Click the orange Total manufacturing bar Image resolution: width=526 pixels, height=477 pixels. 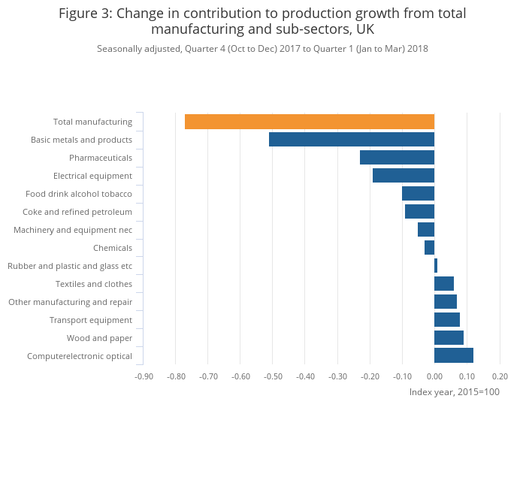click(x=310, y=122)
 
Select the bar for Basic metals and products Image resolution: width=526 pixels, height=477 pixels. click(x=352, y=140)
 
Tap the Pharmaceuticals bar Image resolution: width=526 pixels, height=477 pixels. click(x=397, y=158)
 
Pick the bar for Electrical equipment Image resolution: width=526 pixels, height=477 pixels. click(x=404, y=176)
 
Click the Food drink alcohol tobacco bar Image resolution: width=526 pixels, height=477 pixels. click(x=418, y=194)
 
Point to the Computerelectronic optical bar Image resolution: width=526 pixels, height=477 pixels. click(x=454, y=356)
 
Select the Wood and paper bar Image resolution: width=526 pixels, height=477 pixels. click(x=449, y=338)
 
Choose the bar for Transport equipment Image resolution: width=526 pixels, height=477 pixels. click(x=447, y=320)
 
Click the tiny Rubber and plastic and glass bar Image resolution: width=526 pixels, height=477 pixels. click(x=436, y=266)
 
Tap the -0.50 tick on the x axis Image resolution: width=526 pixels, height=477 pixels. click(x=273, y=376)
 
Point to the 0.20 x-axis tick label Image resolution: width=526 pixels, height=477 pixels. click(x=500, y=376)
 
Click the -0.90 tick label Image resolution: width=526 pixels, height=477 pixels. click(x=144, y=376)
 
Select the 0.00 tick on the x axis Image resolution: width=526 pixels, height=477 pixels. click(x=434, y=376)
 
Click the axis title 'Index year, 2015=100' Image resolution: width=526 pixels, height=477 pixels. click(x=454, y=392)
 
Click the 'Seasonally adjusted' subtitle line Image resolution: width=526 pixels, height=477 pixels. click(x=262, y=49)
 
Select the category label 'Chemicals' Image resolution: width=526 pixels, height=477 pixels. click(x=113, y=248)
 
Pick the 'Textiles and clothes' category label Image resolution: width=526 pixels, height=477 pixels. click(x=94, y=284)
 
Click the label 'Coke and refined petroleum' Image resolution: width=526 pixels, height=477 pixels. click(x=77, y=212)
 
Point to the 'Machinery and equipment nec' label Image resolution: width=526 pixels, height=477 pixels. click(x=73, y=230)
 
